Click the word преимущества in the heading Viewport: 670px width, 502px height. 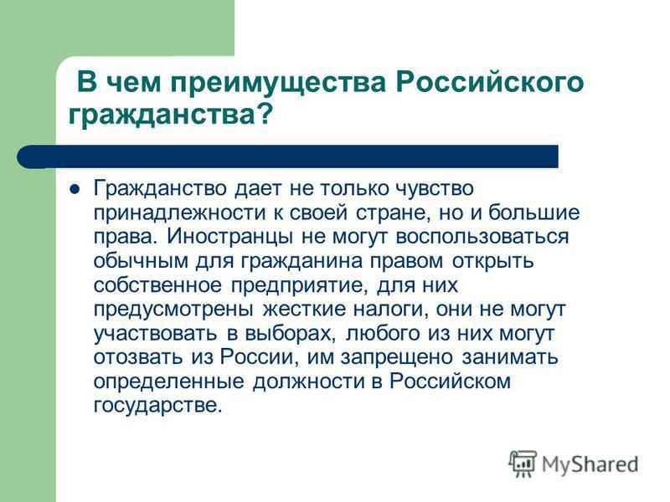[x=279, y=83]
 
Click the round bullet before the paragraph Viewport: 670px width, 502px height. [x=75, y=189]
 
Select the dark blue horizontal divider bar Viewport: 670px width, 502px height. [x=287, y=156]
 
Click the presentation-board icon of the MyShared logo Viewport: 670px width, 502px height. [x=523, y=464]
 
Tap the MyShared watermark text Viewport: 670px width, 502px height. [x=590, y=464]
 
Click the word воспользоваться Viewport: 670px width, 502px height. [x=482, y=237]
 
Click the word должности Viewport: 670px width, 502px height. [x=307, y=382]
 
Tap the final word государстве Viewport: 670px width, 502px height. [x=158, y=405]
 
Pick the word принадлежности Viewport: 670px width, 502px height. [x=179, y=213]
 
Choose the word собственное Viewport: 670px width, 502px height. [x=157, y=284]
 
